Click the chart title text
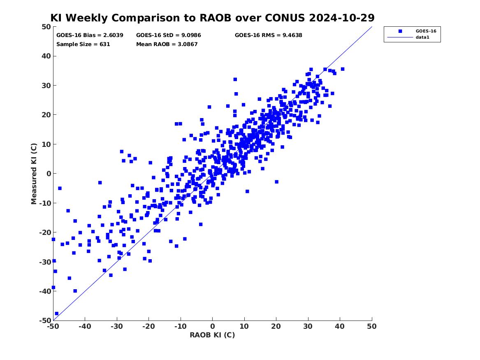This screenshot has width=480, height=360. point(212,18)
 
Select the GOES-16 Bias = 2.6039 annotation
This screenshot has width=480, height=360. point(90,35)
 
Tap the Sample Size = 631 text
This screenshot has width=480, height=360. point(83,44)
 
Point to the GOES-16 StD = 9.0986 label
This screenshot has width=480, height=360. point(169,35)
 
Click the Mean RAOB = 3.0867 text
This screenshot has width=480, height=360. point(167,44)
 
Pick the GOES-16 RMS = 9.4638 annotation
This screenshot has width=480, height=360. point(269,35)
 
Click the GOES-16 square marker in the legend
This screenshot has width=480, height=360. point(400,31)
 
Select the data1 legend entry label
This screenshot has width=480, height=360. point(422,37)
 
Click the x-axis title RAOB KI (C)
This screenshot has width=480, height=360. point(212,335)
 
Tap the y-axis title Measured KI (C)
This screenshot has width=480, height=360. point(34,174)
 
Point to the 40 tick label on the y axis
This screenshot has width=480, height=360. point(46,56)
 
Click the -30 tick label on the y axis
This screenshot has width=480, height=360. point(45,262)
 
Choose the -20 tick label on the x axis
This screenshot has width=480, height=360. point(148,326)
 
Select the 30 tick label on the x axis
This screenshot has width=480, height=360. point(308,326)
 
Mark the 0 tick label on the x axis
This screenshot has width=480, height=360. point(213,326)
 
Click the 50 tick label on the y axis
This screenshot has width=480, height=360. point(46,27)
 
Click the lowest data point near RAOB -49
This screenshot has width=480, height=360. point(57,314)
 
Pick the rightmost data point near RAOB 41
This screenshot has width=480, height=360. point(343,69)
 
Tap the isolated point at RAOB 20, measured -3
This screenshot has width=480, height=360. point(277,182)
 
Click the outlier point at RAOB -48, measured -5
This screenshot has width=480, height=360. point(60,188)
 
